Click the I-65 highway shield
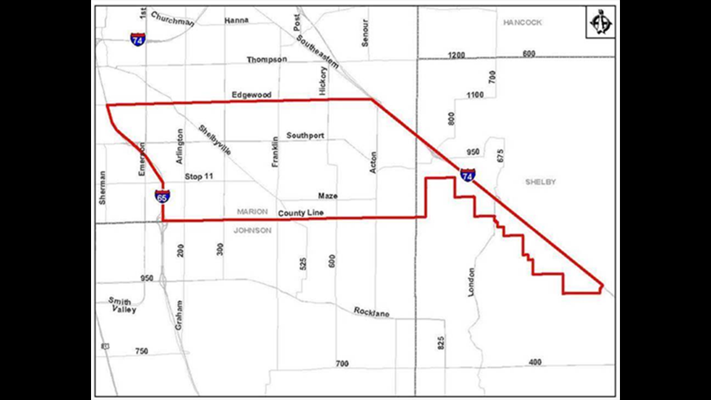(162, 197)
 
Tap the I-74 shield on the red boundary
(467, 175)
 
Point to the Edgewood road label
(251, 95)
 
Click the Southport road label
(305, 135)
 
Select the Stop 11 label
(199, 177)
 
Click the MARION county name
(252, 212)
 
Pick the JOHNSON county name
(252, 230)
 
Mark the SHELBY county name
(540, 182)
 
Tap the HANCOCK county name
(522, 22)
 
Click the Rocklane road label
(372, 312)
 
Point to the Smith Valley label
(122, 305)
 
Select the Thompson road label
(266, 60)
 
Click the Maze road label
(327, 196)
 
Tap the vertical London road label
(471, 282)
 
